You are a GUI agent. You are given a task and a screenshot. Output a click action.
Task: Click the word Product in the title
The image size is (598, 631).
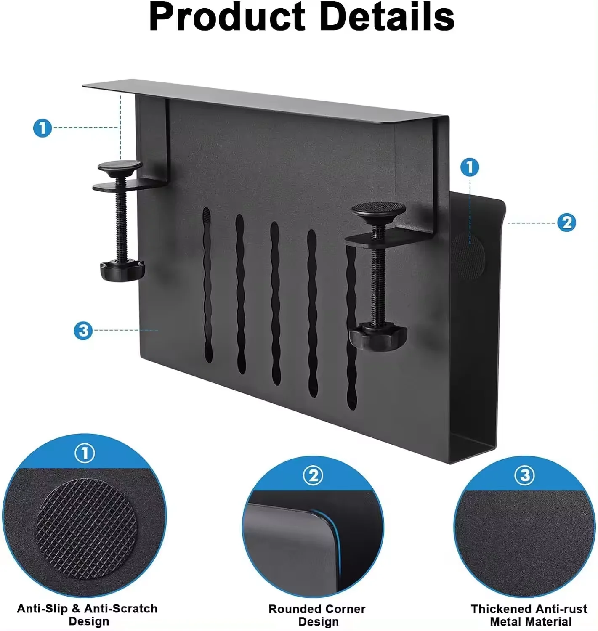[226, 18]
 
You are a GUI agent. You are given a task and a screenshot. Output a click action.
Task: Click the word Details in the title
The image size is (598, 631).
[387, 18]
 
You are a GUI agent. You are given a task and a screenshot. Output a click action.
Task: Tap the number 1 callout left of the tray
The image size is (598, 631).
[43, 128]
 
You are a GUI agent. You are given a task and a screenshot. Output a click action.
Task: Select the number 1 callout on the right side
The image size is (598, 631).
[470, 167]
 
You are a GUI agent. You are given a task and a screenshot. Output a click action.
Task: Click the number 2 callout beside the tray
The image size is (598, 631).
[566, 223]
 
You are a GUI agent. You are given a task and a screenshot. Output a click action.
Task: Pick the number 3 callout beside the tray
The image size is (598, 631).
[83, 330]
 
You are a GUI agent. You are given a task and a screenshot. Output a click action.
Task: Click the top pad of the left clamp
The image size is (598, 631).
[120, 166]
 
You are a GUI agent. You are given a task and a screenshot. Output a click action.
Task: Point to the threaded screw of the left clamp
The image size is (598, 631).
[122, 227]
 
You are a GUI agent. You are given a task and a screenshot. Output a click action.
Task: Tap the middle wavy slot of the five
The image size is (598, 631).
[275, 303]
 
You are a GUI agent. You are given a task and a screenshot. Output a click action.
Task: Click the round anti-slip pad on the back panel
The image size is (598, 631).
[468, 257]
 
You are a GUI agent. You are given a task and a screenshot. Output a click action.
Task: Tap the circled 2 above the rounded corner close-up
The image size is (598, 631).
[313, 476]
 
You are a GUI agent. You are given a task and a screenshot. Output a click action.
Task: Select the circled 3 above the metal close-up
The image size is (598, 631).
[525, 476]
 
